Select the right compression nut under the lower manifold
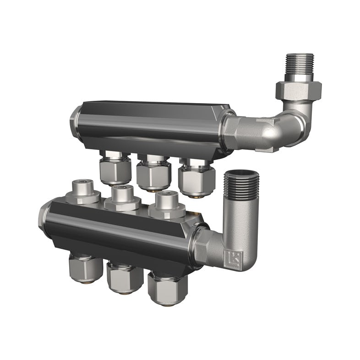168,289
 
